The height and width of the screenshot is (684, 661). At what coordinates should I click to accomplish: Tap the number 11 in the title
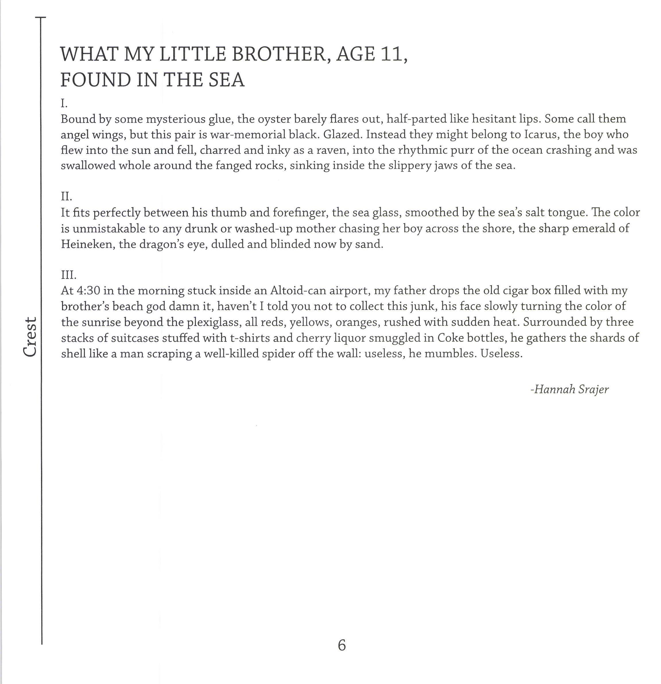pyautogui.click(x=392, y=55)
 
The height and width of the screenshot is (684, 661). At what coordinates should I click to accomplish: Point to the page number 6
pyautogui.click(x=342, y=645)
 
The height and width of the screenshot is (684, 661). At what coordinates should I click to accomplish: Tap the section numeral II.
pyautogui.click(x=66, y=196)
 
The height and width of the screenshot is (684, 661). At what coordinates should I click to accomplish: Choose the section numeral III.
pyautogui.click(x=68, y=275)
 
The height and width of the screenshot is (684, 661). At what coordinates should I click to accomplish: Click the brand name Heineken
pyautogui.click(x=87, y=244)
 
